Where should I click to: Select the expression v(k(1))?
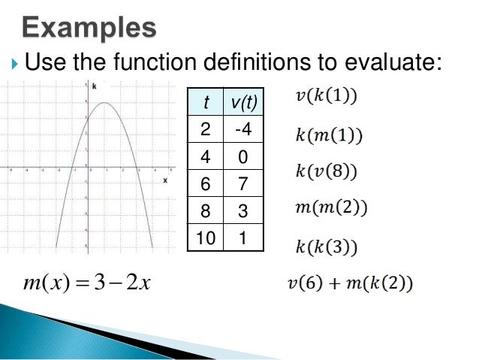[x=325, y=97]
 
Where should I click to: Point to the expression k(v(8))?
[x=326, y=171]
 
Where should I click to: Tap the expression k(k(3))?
[x=325, y=246]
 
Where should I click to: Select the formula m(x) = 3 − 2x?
[x=88, y=283]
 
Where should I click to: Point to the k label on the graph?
[x=94, y=88]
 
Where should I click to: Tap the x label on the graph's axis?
[x=164, y=180]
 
